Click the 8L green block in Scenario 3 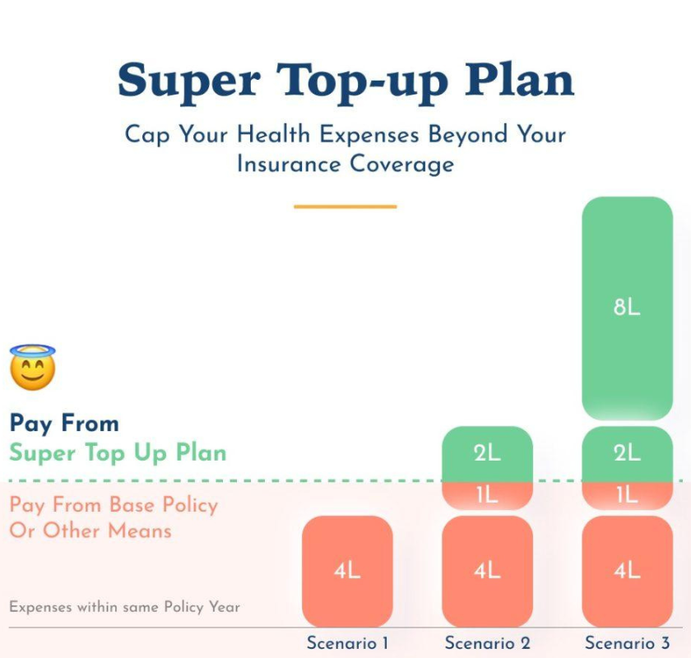627,308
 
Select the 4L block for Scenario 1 347,571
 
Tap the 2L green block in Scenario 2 487,454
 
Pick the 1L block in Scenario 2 487,496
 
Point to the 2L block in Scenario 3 627,454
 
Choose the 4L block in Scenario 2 487,571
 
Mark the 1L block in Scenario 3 627,496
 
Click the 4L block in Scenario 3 627,571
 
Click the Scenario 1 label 347,643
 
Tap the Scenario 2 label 487,643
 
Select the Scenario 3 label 627,643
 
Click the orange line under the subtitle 345,206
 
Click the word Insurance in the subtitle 289,164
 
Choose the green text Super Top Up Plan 118,452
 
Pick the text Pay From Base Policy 114,505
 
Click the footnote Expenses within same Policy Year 124,607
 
